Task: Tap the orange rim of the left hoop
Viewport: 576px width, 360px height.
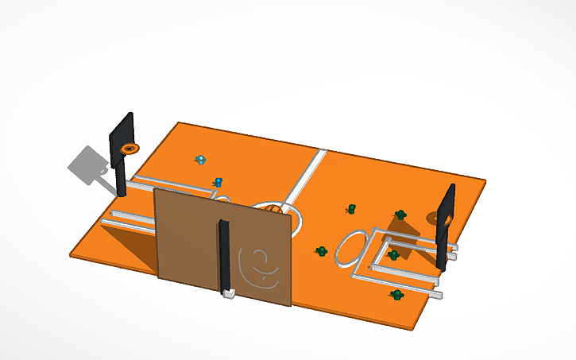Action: (128, 149)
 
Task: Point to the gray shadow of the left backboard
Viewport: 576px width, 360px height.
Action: (85, 165)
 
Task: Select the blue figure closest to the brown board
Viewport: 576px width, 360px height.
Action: (216, 182)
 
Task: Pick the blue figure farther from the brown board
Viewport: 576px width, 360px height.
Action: (201, 160)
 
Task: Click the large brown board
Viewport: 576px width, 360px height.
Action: (187, 238)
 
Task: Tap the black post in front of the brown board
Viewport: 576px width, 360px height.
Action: (225, 254)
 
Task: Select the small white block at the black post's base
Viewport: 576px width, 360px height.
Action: (228, 295)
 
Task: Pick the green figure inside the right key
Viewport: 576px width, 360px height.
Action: (392, 255)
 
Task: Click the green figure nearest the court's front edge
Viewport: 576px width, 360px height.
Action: (396, 295)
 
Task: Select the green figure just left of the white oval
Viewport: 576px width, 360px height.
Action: (322, 251)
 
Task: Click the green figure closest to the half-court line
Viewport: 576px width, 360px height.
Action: (350, 209)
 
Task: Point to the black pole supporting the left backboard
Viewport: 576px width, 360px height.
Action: (121, 179)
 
